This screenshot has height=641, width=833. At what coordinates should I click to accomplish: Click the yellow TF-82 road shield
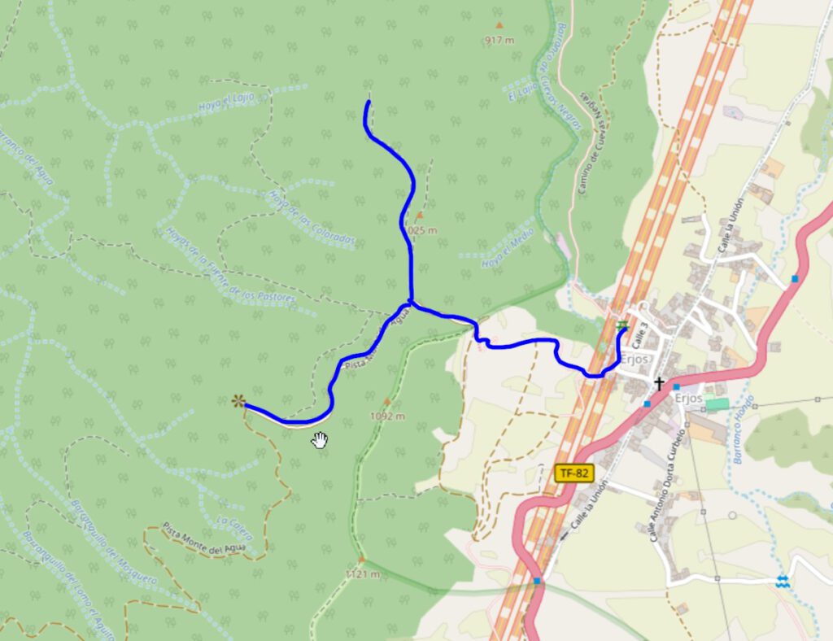574,473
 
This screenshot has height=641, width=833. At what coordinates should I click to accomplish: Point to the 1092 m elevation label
386,416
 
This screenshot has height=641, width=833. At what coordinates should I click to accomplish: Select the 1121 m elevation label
362,573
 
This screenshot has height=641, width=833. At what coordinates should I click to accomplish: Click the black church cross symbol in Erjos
659,382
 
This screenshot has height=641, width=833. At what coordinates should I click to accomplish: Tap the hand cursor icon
321,440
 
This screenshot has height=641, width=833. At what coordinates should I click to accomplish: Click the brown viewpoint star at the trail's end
238,400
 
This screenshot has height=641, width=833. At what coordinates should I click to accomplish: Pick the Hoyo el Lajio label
226,102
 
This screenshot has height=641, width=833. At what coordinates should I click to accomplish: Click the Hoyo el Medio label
508,248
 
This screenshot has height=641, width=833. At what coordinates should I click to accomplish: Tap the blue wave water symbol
782,581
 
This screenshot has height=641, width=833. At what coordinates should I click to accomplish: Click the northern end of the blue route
369,102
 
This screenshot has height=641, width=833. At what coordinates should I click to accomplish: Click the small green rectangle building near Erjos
717,403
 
